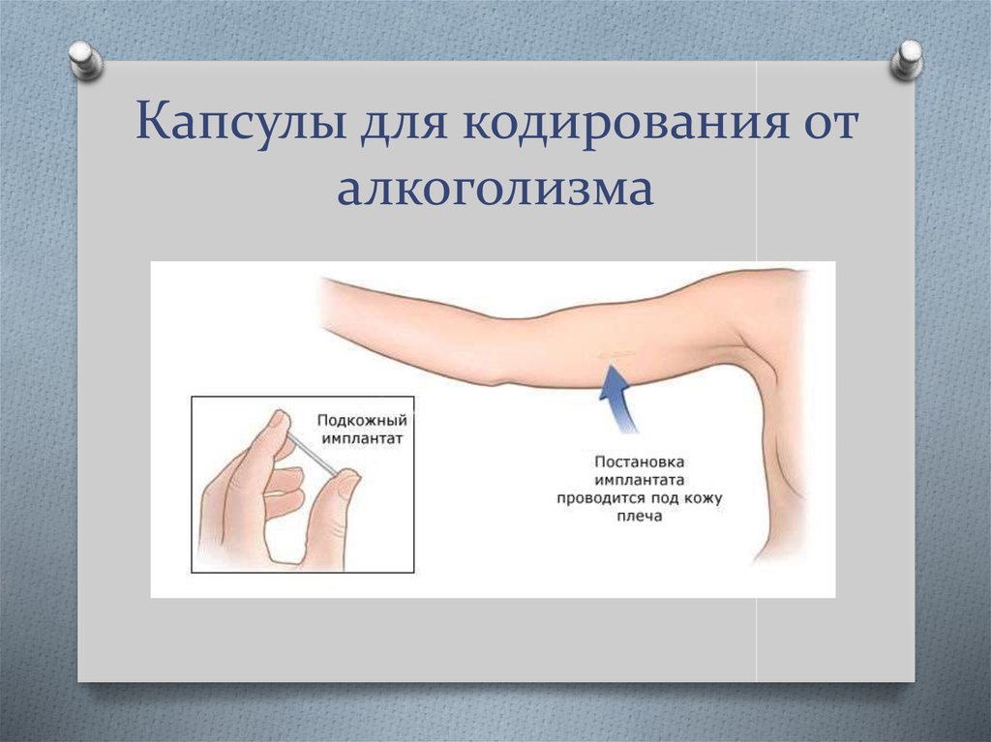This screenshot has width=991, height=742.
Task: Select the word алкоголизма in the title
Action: (495, 189)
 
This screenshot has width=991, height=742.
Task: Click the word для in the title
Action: (405, 123)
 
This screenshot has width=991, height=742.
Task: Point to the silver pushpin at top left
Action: (85, 61)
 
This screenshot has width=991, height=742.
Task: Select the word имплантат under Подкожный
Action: (362, 438)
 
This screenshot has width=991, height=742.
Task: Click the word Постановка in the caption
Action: (639, 462)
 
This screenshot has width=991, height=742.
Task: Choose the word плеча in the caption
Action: (639, 517)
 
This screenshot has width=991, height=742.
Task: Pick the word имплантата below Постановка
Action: (639, 481)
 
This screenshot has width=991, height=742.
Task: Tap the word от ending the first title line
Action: (831, 123)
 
